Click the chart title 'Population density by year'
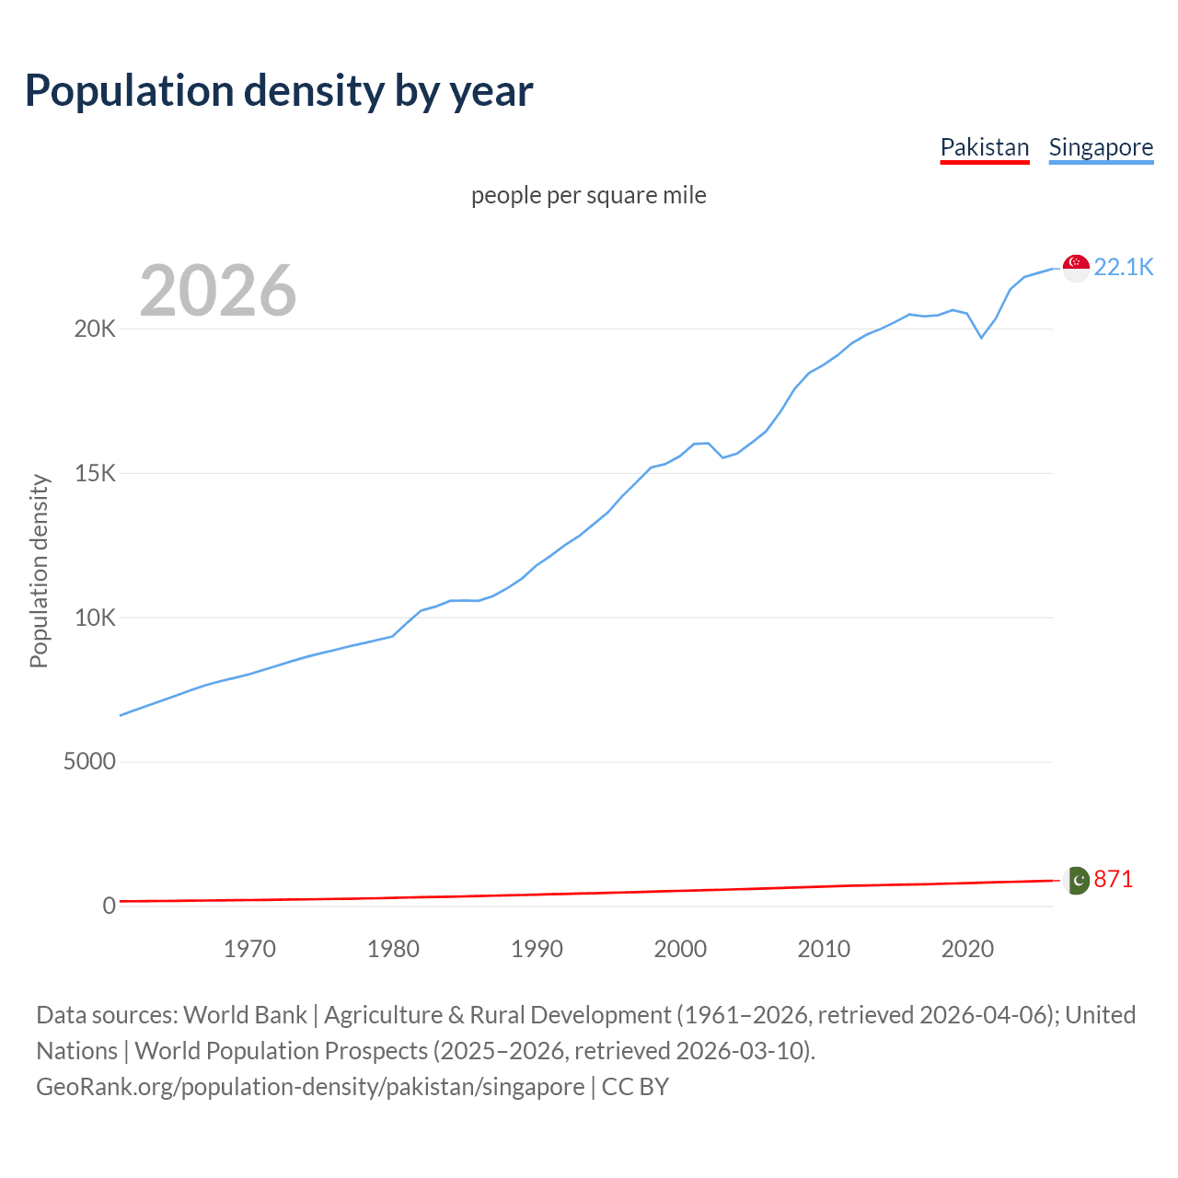(279, 91)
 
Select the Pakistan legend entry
(984, 147)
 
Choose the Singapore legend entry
(1101, 147)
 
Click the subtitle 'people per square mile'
(589, 195)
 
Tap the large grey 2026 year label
(218, 291)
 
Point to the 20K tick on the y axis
(95, 329)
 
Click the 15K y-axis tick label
(95, 474)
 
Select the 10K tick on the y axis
(95, 618)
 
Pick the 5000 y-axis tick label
(89, 762)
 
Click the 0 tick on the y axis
(109, 906)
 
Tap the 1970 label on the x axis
(249, 949)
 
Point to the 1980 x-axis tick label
(393, 949)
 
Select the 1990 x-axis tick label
(537, 949)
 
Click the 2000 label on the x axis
(680, 949)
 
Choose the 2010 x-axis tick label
(824, 949)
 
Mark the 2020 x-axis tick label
(967, 949)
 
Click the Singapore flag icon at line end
(1076, 268)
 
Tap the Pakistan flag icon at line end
(1076, 881)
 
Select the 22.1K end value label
(1123, 267)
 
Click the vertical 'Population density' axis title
(39, 571)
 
